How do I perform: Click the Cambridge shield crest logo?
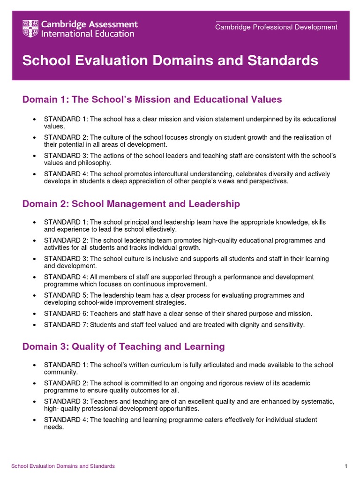point(30,29)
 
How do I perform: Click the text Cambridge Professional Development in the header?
point(276,27)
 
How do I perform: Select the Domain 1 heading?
point(152,99)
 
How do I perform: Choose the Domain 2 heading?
point(131,203)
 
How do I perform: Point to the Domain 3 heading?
point(123,346)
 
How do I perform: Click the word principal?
point(126,222)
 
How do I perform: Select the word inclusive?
point(167,259)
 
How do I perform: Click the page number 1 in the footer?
point(345,466)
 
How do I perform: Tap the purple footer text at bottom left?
point(63,466)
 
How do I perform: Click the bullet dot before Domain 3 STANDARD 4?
point(35,420)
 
